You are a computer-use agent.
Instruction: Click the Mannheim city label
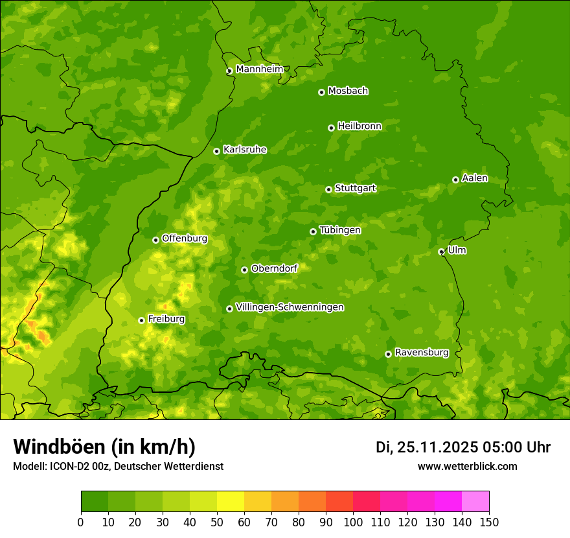[x=259, y=69]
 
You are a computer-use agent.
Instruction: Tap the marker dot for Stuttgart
[x=328, y=189]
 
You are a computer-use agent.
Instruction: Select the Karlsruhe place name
[x=244, y=150]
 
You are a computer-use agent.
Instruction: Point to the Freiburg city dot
[x=141, y=320]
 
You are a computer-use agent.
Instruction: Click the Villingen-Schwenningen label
[x=290, y=307]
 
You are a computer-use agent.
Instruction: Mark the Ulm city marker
[x=441, y=251]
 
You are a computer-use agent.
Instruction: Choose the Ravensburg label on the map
[x=421, y=353]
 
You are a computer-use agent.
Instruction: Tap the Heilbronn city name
[x=359, y=126]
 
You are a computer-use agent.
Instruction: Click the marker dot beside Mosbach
[x=321, y=92]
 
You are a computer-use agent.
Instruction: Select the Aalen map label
[x=474, y=178]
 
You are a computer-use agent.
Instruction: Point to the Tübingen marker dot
[x=313, y=231]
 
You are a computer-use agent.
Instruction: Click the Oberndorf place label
[x=274, y=268]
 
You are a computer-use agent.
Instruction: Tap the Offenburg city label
[x=184, y=239]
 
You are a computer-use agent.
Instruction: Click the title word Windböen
[x=59, y=447]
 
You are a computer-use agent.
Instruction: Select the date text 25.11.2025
[x=437, y=447]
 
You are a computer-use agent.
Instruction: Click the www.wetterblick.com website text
[x=467, y=467]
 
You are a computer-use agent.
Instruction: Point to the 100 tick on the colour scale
[x=353, y=522]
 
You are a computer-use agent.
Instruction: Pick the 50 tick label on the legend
[x=217, y=522]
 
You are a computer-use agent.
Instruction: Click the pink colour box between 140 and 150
[x=475, y=502]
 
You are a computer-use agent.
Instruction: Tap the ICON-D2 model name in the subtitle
[x=70, y=467]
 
